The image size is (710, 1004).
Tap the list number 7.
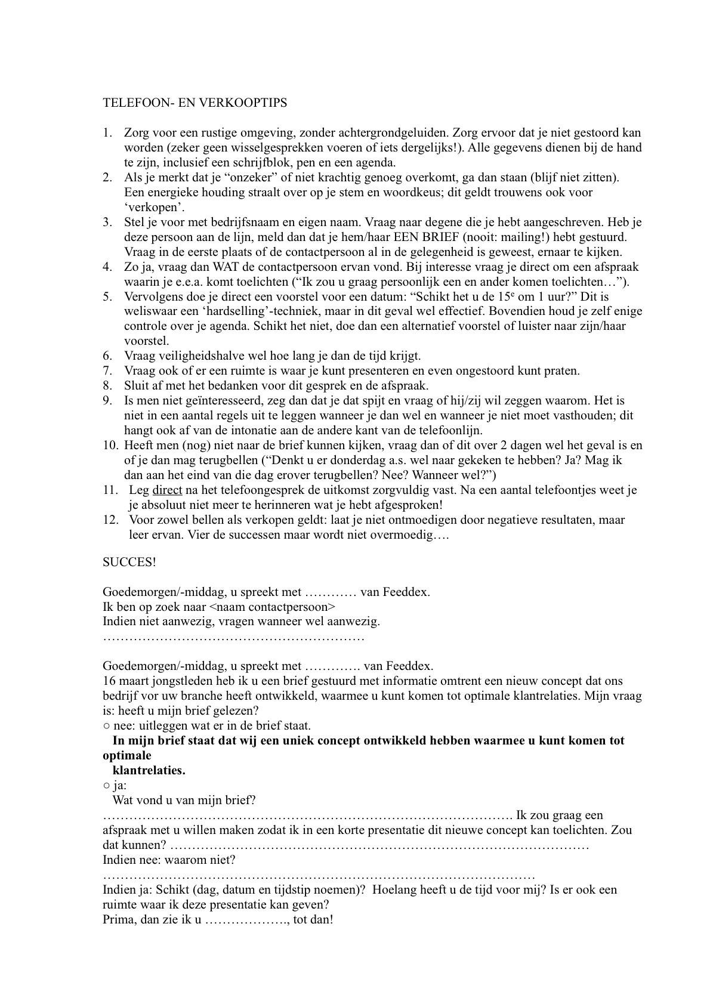coord(107,371)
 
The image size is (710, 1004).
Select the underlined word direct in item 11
coord(167,490)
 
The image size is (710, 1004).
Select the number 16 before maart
coord(109,681)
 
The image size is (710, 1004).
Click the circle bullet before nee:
coord(106,726)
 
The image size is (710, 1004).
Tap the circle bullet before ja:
coord(106,786)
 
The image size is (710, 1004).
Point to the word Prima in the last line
coord(116,920)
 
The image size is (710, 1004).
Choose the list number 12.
coord(111,520)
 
